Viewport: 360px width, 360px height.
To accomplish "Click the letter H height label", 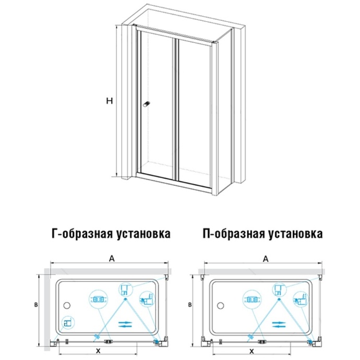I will pos(109,101).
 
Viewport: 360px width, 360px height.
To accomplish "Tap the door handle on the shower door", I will pos(147,104).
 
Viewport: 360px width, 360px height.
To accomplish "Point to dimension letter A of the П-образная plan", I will pos(265,257).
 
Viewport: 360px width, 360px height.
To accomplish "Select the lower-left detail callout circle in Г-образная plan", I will pos(66,323).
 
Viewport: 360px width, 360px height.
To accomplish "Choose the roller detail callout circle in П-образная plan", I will pos(251,299).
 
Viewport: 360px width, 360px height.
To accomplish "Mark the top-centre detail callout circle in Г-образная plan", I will pos(125,290).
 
